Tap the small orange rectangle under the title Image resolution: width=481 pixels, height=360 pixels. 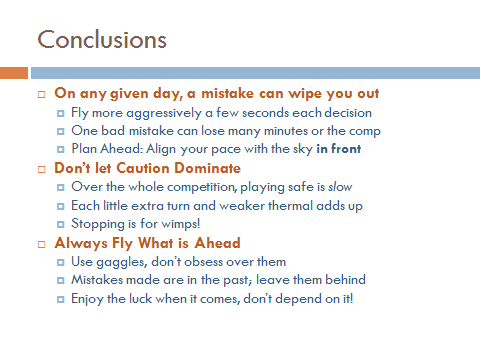coord(14,73)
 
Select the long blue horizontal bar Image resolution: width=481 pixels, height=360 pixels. coord(255,73)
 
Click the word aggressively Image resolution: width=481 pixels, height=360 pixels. coord(164,113)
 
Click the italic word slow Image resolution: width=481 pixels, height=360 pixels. coord(340,187)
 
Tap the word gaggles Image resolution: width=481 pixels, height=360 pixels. coord(120,261)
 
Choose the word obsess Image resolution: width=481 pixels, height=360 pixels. coord(213,261)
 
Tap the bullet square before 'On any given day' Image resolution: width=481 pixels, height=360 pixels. coord(42,93)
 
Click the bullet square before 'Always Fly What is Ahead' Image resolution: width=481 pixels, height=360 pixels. coord(42,243)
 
